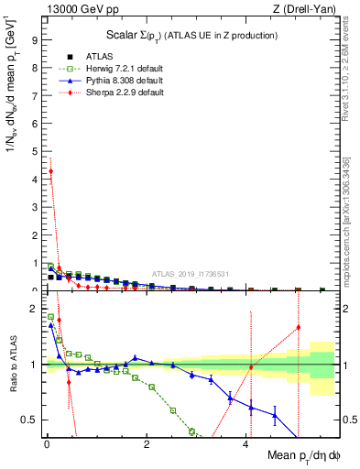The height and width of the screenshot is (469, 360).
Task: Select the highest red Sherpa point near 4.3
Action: pos(51,171)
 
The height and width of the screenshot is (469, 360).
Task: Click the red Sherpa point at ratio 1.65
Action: pos(298,328)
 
